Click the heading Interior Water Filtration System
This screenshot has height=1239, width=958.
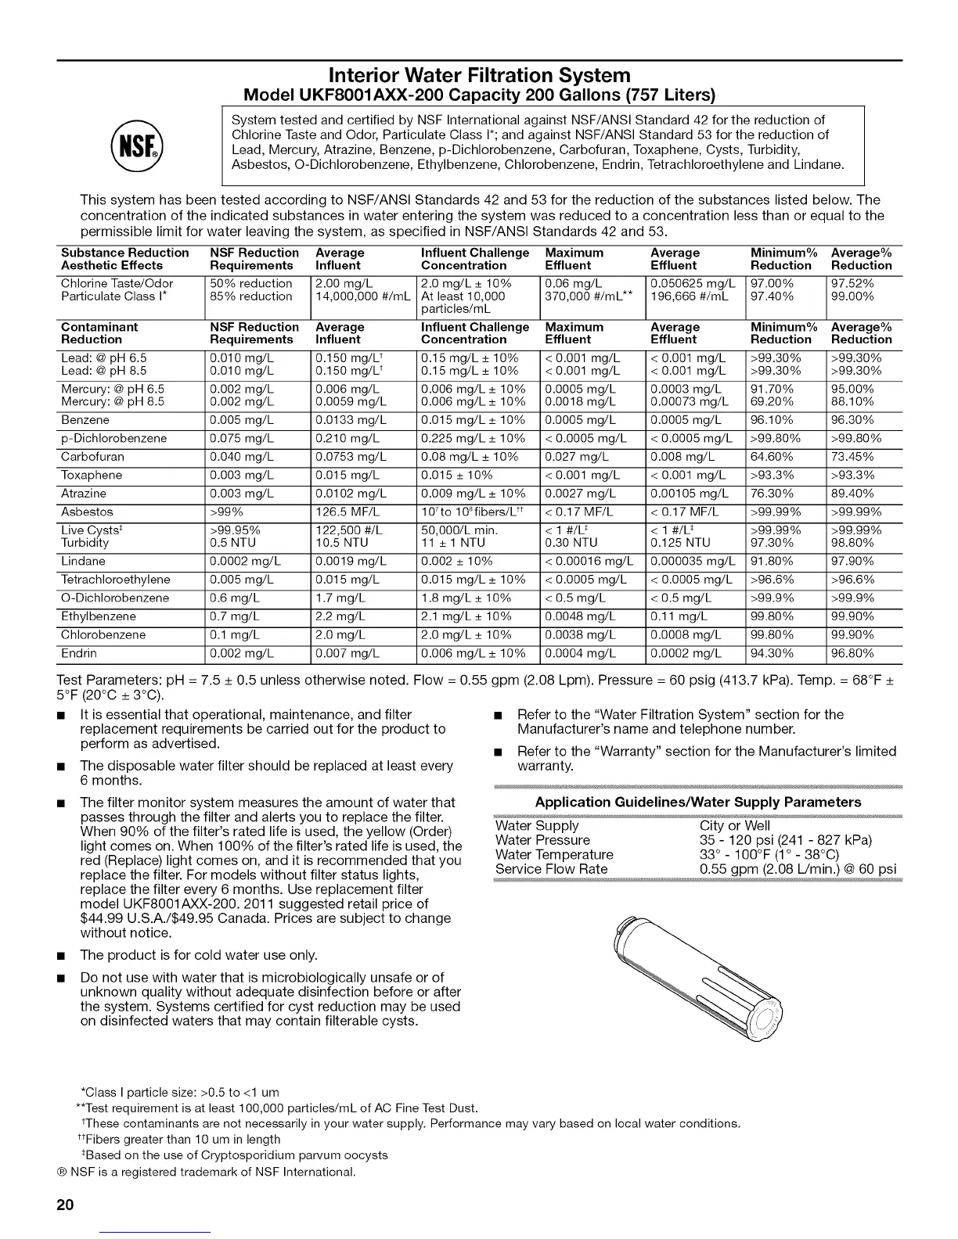click(x=479, y=75)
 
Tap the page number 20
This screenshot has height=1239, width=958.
click(x=66, y=1205)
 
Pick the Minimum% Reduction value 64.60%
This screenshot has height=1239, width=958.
click(x=773, y=457)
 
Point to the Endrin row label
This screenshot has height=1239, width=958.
click(x=79, y=653)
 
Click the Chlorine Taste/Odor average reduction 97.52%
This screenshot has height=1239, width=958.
click(x=852, y=283)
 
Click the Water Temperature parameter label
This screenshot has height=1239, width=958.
click(x=554, y=855)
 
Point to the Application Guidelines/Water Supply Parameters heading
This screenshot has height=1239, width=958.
click(x=697, y=803)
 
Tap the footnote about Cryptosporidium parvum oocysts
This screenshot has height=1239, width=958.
click(x=235, y=1155)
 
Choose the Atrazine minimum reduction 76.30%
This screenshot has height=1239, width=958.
click(x=773, y=494)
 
